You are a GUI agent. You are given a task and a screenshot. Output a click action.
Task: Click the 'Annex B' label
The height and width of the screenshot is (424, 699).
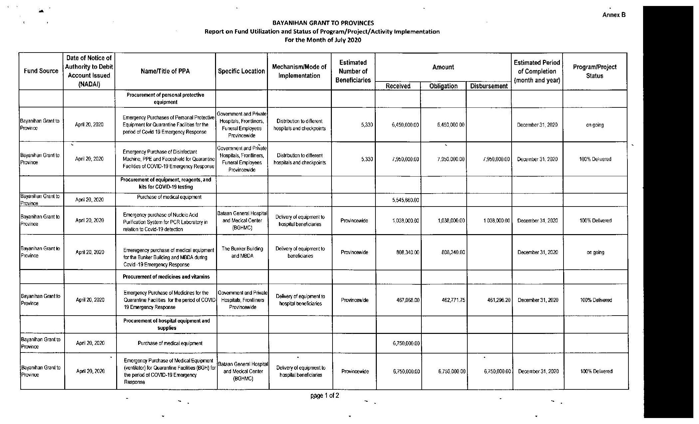point(613,15)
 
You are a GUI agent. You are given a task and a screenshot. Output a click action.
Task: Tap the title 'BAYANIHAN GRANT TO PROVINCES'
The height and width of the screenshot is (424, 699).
point(323,23)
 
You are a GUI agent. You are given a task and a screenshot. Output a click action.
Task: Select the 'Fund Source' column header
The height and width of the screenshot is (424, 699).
point(41,71)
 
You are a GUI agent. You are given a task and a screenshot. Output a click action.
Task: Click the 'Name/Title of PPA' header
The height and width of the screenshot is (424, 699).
point(165,71)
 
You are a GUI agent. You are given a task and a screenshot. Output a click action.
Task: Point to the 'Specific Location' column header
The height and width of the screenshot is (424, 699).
point(241,71)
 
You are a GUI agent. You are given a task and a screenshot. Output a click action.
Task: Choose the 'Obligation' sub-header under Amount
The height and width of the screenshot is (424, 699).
point(443,86)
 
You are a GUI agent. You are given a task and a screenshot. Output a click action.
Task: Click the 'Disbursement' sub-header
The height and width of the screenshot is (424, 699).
point(489,86)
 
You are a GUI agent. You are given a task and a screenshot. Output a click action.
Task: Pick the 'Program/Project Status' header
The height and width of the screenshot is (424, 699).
point(594,71)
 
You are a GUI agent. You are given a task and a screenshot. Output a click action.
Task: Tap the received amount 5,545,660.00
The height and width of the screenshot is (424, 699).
point(405,200)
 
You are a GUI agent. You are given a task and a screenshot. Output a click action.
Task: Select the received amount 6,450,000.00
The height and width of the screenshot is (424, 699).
point(405,125)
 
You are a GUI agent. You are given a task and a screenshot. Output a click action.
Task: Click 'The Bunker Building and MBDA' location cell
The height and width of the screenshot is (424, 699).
point(242,252)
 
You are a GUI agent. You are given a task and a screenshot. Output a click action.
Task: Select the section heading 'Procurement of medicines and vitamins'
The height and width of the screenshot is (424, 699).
point(166,277)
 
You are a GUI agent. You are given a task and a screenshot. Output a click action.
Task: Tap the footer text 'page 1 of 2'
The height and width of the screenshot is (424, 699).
point(325,395)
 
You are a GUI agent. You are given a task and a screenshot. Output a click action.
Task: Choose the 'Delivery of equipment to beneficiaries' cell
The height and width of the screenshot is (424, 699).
point(300,252)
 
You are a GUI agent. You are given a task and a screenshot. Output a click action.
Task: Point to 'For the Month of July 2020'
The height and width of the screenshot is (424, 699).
point(323,40)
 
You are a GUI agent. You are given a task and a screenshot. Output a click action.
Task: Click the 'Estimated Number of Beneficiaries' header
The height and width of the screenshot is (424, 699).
point(353,71)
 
